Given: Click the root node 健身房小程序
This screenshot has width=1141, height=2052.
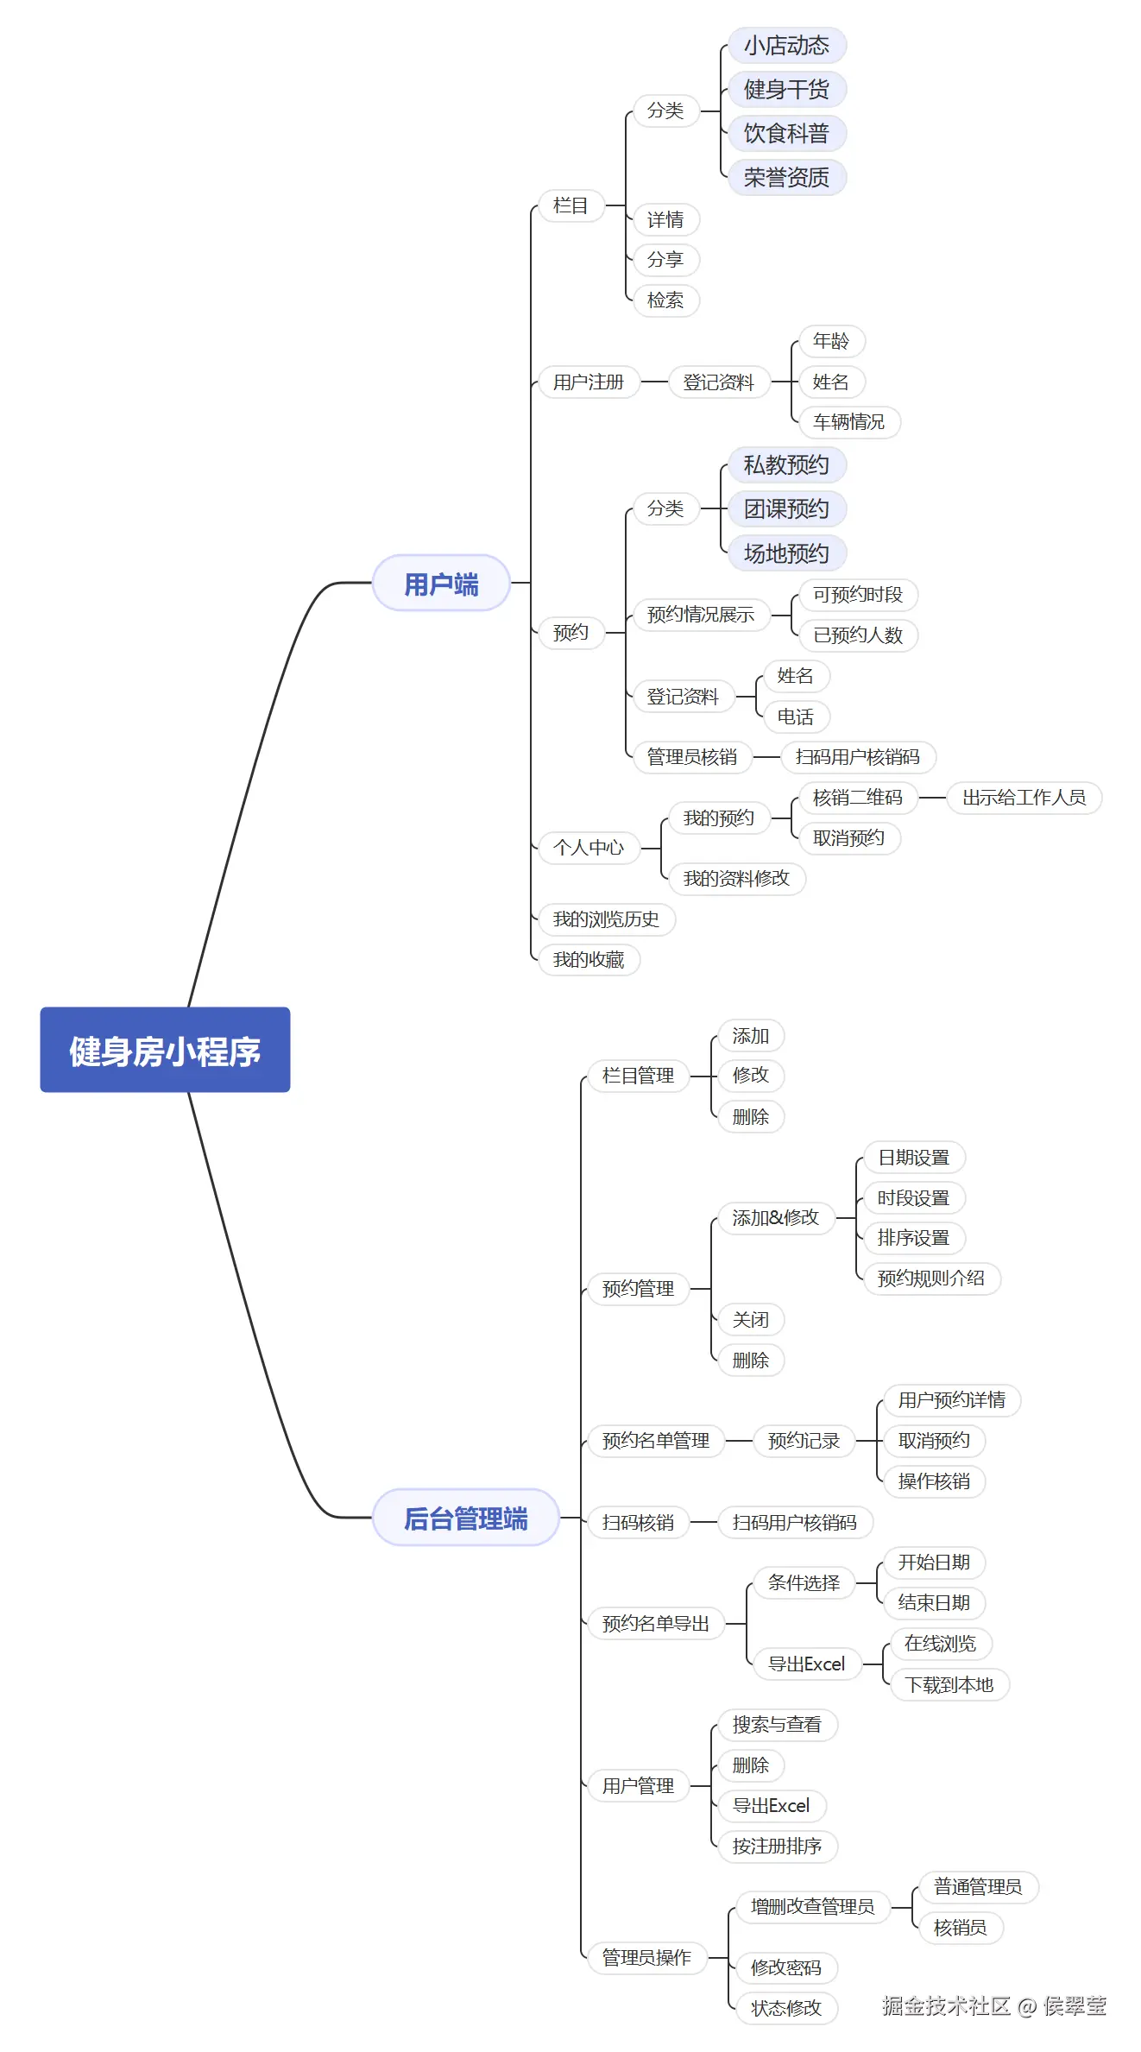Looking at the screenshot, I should point(165,1050).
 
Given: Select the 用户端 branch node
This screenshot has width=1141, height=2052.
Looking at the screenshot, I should point(441,584).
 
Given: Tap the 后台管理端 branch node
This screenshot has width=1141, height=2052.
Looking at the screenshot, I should point(466,1518).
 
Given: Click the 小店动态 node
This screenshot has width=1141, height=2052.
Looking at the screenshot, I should point(786,45).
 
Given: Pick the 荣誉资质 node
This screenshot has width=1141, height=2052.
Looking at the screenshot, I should point(786,178).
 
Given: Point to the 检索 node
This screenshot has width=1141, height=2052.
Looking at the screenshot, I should point(665,300).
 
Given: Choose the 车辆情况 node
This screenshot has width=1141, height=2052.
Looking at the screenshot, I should point(848,422).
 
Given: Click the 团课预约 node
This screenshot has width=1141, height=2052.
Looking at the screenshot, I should point(786,509).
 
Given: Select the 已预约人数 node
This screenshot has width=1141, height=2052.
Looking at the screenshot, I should point(858,635).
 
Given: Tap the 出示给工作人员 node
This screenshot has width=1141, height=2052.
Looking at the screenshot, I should point(1024,798).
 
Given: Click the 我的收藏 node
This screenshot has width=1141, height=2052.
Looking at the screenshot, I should point(589,960).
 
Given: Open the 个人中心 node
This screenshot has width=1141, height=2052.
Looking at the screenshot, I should point(589,848).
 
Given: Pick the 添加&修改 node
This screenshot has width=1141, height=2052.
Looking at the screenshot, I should point(775,1218).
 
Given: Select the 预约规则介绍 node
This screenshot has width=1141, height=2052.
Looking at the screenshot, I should point(930,1279).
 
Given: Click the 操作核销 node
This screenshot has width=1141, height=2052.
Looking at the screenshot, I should point(934,1481).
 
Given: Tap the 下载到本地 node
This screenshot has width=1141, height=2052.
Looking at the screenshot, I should point(949,1684).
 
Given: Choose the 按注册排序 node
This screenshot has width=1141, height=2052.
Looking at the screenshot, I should point(777,1847).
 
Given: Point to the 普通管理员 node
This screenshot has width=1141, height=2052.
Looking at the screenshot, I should point(977,1887).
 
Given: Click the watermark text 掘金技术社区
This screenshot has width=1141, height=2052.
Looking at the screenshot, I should point(946,2005).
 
